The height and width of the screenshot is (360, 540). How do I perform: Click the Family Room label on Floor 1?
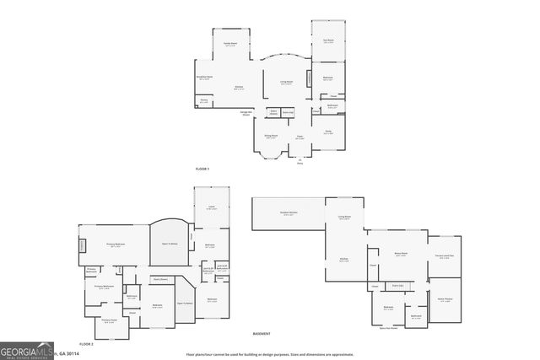point(229,43)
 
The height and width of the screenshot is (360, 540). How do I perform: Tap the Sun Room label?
point(328,40)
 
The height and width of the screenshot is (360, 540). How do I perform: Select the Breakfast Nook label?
point(203,78)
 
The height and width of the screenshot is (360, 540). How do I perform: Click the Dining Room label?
point(271,137)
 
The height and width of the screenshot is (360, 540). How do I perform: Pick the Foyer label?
point(299,137)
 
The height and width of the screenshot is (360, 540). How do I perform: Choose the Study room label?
point(328,132)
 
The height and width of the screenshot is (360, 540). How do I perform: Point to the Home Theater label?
point(445,299)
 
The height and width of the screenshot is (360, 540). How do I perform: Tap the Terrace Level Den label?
point(445,256)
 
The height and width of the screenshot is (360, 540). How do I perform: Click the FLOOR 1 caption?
point(202,169)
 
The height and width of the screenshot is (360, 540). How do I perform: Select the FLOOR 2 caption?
point(85,344)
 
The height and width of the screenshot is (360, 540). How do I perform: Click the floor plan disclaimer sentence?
point(269,354)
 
